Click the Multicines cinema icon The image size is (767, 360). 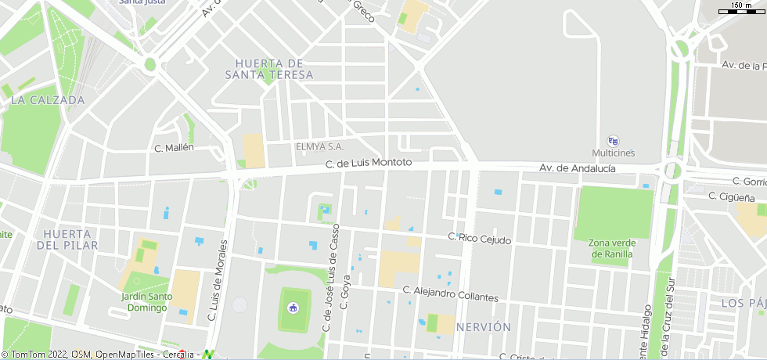(613, 141)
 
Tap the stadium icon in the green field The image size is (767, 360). (293, 307)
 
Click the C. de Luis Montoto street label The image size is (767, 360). (369, 163)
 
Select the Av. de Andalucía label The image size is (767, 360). (577, 168)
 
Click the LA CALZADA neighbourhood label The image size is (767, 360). (48, 100)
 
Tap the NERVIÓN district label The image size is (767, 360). (483, 326)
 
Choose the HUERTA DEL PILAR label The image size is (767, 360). (67, 239)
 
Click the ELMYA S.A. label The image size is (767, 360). (319, 146)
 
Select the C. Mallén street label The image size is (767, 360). (174, 147)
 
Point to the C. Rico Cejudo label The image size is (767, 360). (479, 238)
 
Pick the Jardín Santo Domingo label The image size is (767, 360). (146, 301)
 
